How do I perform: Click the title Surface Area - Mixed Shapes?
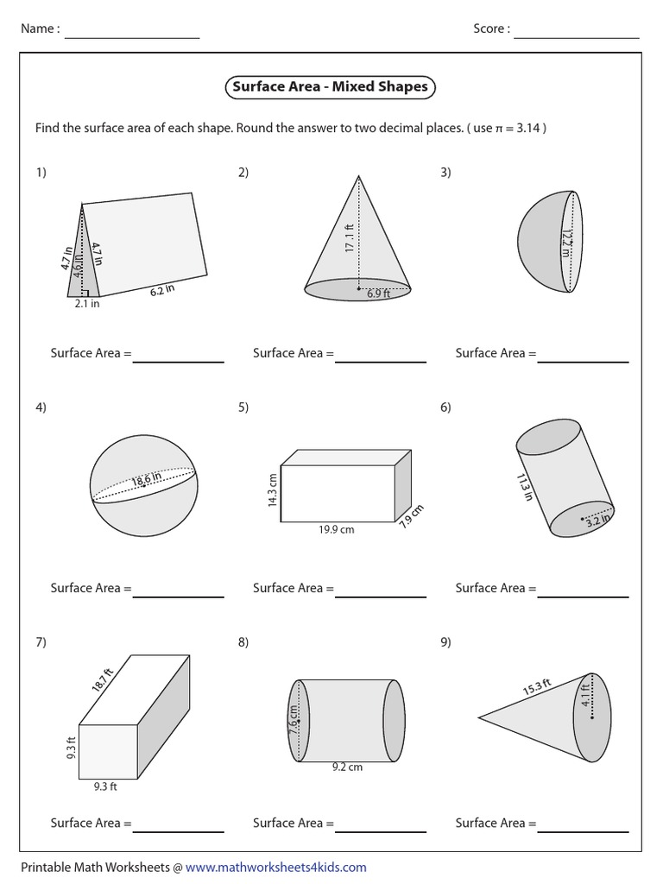coord(330,87)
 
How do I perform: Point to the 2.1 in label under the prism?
coord(86,304)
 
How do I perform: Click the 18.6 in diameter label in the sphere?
coord(147,480)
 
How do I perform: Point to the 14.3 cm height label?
coord(273,489)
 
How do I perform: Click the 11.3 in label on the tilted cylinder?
coord(523,487)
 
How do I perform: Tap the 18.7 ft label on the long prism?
coord(103,682)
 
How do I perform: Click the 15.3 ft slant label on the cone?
coord(535,689)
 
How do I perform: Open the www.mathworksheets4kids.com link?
coord(275,867)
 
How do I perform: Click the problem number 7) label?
coord(41,641)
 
